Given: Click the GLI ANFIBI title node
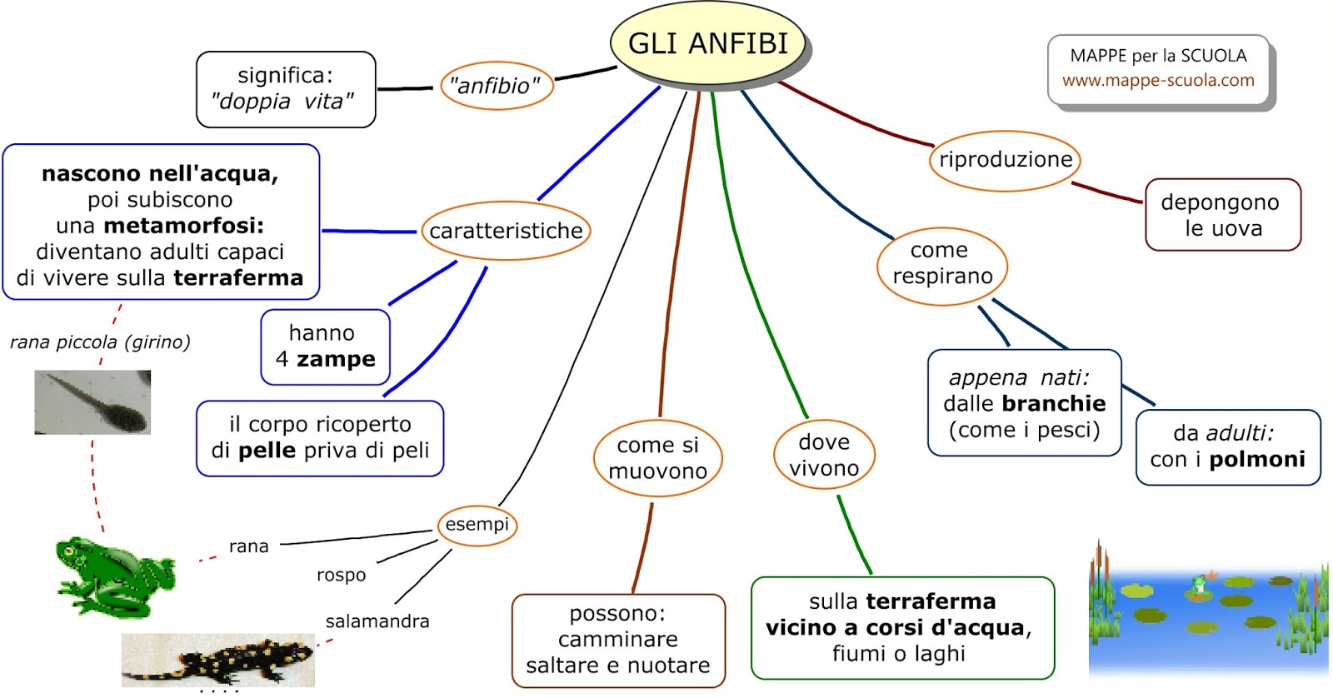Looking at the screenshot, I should click(x=708, y=43).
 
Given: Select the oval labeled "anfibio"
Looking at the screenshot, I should click(x=496, y=86).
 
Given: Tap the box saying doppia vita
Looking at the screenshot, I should click(x=286, y=89).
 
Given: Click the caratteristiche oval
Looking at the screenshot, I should click(x=506, y=231).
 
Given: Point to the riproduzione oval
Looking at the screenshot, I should click(x=1005, y=160).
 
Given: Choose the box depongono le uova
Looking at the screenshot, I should click(x=1222, y=215).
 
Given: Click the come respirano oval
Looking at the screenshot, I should click(x=941, y=263).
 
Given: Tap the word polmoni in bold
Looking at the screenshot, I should click(x=1256, y=460).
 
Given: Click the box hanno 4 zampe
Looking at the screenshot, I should click(x=325, y=347).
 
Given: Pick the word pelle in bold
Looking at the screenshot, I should click(x=267, y=451).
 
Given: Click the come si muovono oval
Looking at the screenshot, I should click(x=657, y=458).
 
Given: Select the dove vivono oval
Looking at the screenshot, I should click(x=824, y=456).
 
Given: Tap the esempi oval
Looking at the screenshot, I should click(x=477, y=525).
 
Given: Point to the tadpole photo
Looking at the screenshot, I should click(x=92, y=402).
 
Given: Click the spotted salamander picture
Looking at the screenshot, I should click(x=218, y=660).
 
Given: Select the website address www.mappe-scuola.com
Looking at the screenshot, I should click(x=1157, y=81).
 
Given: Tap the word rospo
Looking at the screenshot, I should click(x=341, y=575).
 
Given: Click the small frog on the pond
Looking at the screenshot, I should click(x=1199, y=585).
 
